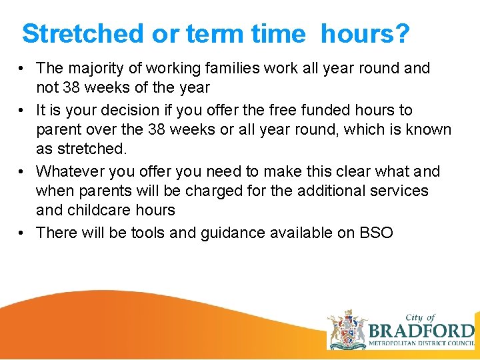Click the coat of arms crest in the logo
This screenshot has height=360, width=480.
[347, 329]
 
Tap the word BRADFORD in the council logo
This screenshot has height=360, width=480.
[421, 331]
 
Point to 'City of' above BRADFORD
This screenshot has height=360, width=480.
[421, 317]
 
